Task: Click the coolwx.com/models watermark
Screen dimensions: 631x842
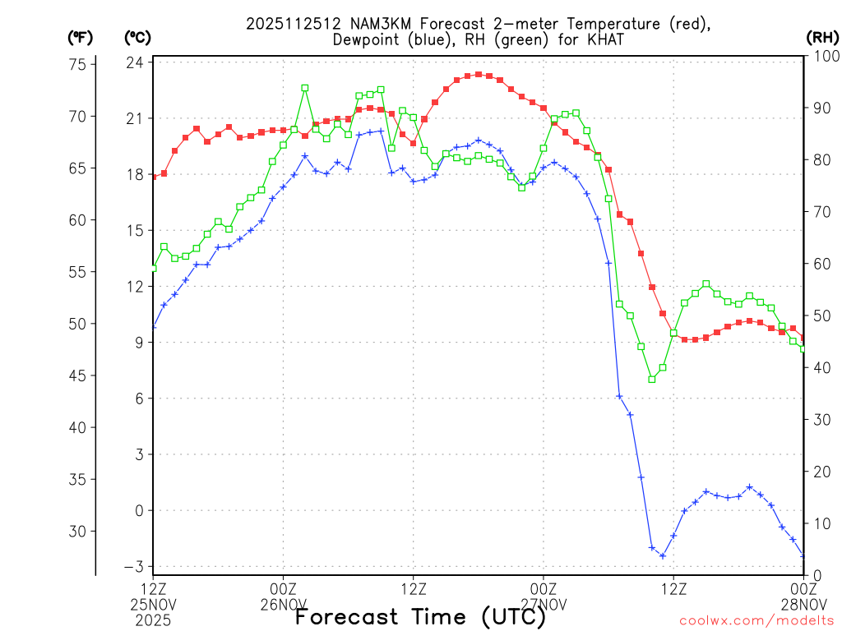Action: coord(756,619)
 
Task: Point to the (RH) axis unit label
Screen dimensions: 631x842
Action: coord(821,37)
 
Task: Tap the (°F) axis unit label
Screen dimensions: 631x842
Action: coord(81,37)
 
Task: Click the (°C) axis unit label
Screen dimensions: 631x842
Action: coord(137,37)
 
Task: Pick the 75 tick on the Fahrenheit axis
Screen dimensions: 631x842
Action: coord(81,65)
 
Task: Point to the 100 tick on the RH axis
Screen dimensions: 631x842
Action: coord(822,56)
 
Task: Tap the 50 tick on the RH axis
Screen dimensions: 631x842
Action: coord(819,315)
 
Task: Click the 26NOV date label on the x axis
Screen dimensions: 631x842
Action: coord(284,604)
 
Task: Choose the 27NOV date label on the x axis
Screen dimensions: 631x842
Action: coord(544,604)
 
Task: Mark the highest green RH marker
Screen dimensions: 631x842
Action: coord(305,87)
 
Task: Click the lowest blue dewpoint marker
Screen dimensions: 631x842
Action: coord(663,556)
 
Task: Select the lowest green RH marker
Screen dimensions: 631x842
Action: coord(652,379)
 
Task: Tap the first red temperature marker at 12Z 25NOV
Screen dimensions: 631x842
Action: coord(154,177)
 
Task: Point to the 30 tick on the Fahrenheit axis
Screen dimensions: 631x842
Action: coord(81,532)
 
